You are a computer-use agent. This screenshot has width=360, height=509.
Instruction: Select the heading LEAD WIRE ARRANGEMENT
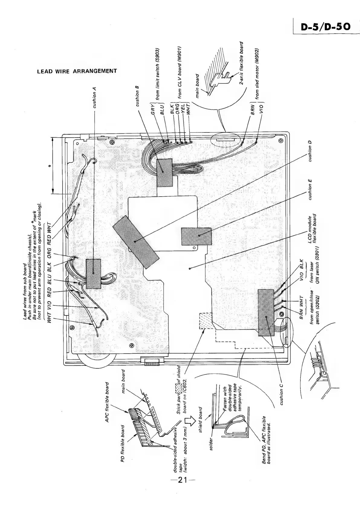pos(77,72)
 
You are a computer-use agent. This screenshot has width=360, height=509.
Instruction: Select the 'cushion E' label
pos(310,190)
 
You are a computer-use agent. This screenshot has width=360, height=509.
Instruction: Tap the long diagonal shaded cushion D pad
pos(136,242)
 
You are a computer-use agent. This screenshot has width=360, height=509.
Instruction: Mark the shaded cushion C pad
pos(267,312)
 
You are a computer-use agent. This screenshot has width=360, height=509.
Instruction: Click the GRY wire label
pos(153,109)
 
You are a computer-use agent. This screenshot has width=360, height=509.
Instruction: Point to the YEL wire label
pos(183,114)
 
